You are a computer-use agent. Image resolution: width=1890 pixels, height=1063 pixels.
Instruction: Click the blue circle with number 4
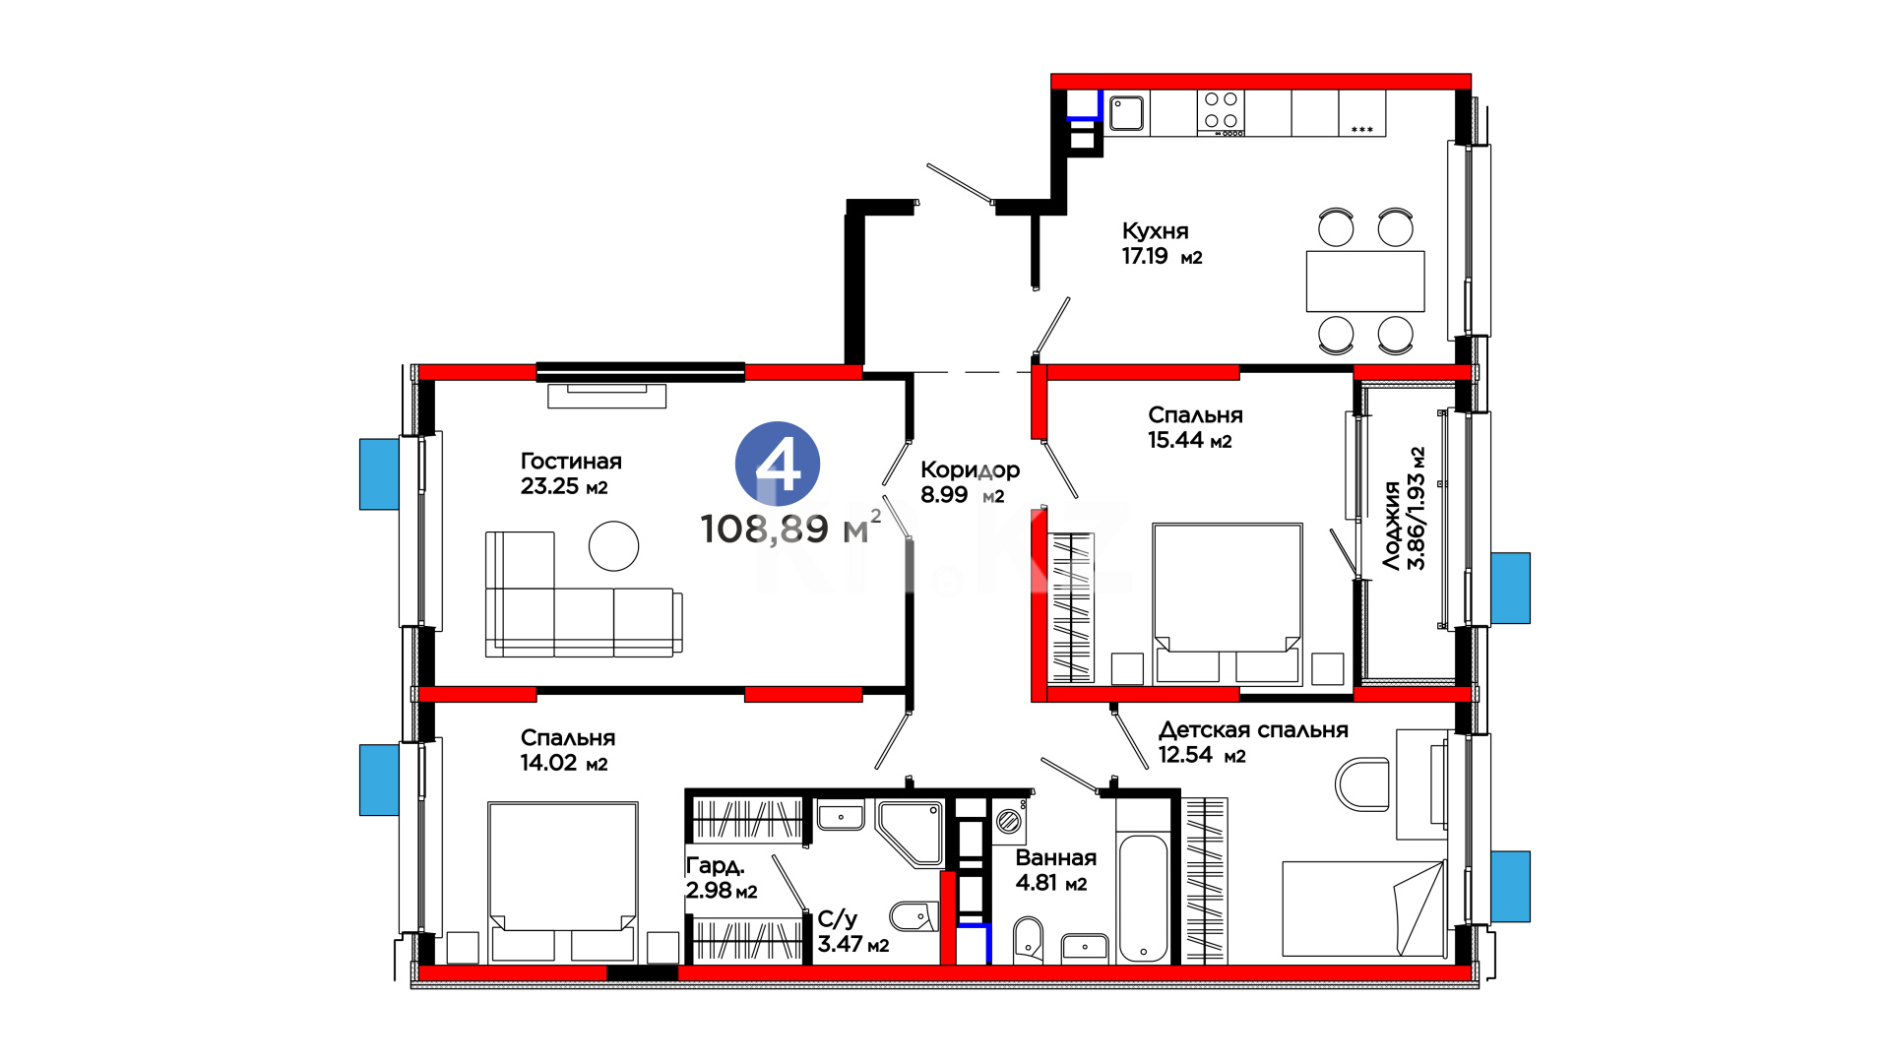[x=778, y=464]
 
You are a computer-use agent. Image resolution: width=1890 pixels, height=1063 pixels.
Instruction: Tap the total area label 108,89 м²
[x=790, y=528]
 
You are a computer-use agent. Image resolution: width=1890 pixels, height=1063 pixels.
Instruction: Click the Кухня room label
[x=1156, y=231]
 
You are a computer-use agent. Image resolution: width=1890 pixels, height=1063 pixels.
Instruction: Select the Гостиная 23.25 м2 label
[x=571, y=473]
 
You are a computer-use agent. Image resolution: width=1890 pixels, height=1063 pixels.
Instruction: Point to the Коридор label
[x=970, y=470]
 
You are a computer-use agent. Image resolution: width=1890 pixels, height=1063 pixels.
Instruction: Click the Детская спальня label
[x=1253, y=730]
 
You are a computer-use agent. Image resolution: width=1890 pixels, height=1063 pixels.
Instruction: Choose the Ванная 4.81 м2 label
[x=1055, y=870]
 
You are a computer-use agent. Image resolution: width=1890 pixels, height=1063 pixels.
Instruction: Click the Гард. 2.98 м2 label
[x=722, y=878]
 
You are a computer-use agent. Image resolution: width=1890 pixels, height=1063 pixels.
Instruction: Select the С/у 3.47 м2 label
[x=853, y=931]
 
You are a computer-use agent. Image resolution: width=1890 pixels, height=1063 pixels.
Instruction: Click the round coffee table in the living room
[x=613, y=545]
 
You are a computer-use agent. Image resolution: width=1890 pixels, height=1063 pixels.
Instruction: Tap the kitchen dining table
[x=1365, y=281]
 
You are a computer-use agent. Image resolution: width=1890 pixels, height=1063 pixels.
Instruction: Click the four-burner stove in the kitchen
[x=1221, y=113]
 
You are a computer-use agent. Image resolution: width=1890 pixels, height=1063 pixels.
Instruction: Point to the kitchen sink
[x=1126, y=113]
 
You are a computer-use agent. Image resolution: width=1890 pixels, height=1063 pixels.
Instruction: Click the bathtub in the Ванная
[x=1143, y=899]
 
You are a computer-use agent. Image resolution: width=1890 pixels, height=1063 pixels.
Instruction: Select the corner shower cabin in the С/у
[x=909, y=833]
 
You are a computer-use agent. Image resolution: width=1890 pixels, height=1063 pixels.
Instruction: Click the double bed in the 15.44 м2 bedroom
[x=1228, y=603]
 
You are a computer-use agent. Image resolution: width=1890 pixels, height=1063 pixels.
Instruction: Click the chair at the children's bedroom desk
[x=1362, y=783]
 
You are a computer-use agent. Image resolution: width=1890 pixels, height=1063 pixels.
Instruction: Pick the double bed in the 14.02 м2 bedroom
[x=563, y=882]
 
